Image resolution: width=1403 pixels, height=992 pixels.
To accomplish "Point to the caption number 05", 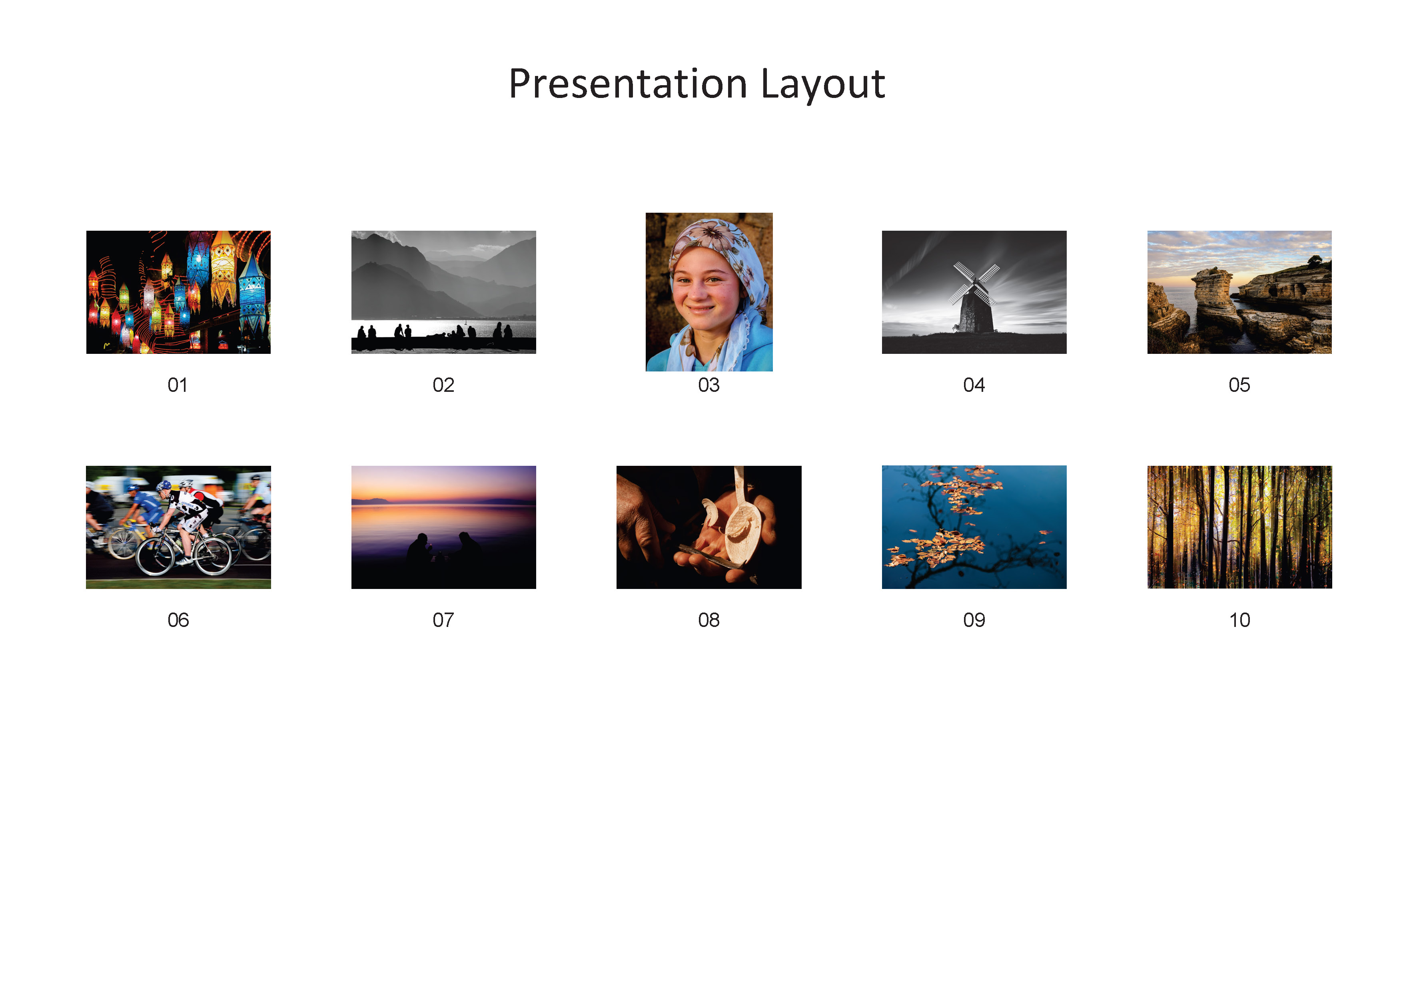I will [x=1239, y=385].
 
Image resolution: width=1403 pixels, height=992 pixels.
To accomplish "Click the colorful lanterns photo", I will [x=178, y=292].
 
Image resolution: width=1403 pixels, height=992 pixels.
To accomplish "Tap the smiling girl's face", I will [x=706, y=287].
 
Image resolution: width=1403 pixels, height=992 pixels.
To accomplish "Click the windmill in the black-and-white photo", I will [x=975, y=299].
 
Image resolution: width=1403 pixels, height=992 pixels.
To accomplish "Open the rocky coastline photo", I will [x=1239, y=292].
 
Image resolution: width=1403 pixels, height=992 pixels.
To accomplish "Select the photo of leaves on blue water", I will [x=974, y=527].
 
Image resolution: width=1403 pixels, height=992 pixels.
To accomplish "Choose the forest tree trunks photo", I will [x=1239, y=527].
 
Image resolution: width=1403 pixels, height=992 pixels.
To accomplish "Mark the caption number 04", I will [x=974, y=385].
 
